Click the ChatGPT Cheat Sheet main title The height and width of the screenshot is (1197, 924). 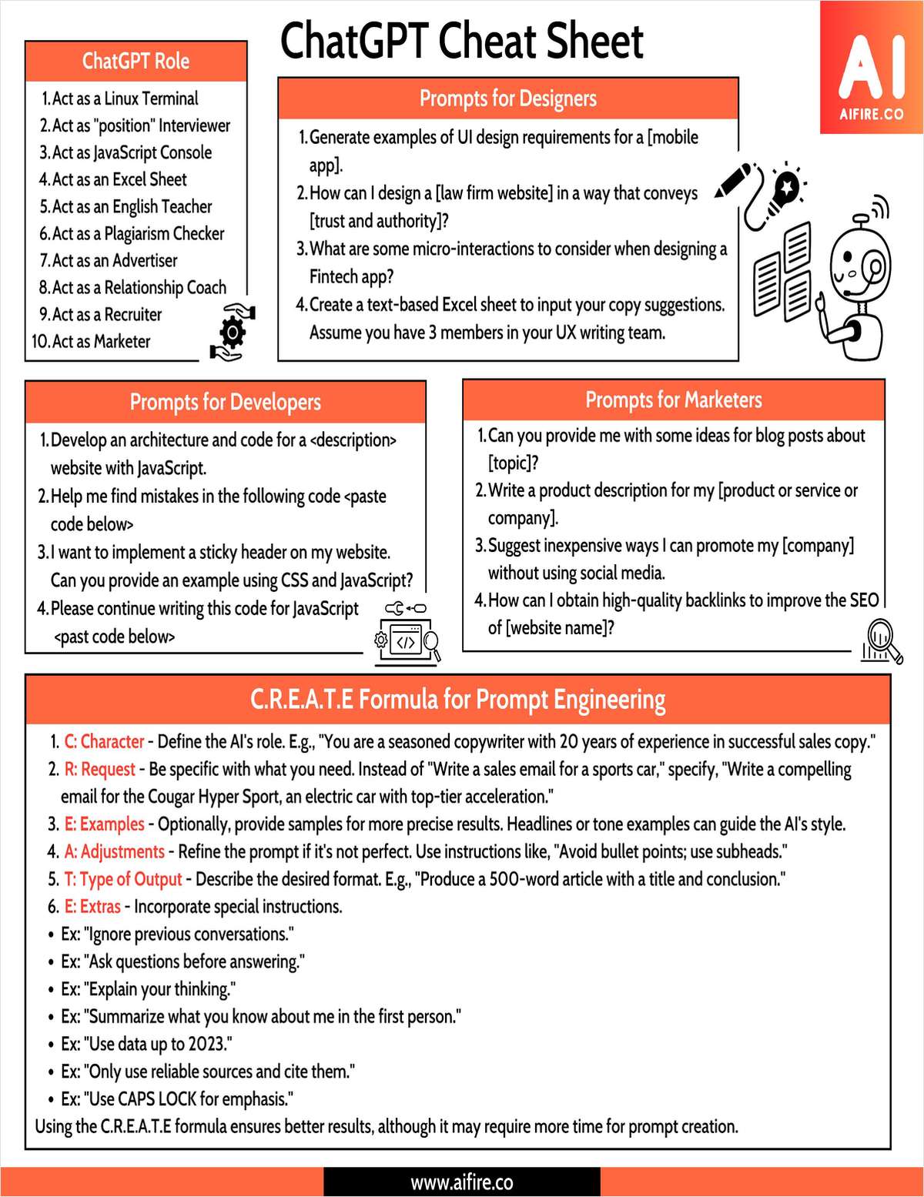pos(461,42)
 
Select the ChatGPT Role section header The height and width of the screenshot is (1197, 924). pos(136,61)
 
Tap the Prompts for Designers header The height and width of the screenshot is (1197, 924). pos(507,99)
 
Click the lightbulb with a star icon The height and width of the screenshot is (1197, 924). pos(785,187)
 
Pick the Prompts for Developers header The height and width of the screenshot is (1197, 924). pos(225,402)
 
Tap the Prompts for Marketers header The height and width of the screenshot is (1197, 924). pos(673,400)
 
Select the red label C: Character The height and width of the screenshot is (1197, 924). pos(104,741)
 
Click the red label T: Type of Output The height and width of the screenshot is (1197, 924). pos(123,879)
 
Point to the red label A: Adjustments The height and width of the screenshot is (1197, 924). pos(114,851)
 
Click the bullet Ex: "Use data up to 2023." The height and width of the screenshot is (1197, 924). pos(146,1044)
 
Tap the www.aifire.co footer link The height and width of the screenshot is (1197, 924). pos(461,1182)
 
